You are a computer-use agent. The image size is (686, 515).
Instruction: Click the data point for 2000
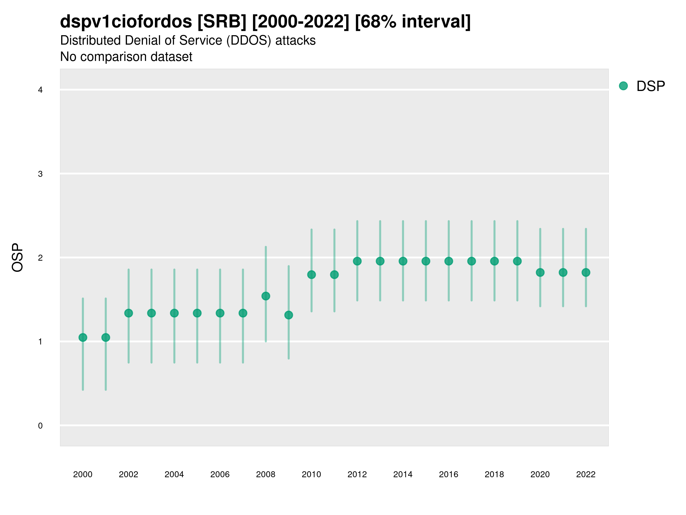pyautogui.click(x=83, y=337)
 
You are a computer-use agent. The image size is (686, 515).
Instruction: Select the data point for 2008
pyautogui.click(x=266, y=296)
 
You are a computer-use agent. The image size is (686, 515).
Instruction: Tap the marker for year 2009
pyautogui.click(x=289, y=315)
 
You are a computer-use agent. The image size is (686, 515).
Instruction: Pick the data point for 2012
pyautogui.click(x=357, y=262)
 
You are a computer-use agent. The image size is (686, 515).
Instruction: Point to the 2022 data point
pyautogui.click(x=586, y=273)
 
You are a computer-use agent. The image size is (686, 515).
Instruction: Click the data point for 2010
pyautogui.click(x=311, y=275)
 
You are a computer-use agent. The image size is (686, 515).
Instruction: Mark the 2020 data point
pyautogui.click(x=540, y=273)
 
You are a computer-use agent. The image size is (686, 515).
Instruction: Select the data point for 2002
pyautogui.click(x=128, y=313)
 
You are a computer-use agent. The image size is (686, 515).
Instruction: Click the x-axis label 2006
pyautogui.click(x=220, y=474)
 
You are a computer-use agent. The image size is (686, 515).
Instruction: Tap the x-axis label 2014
pyautogui.click(x=403, y=474)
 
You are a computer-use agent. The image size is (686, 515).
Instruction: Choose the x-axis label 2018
pyautogui.click(x=494, y=474)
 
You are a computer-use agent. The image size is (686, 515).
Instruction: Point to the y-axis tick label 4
pyautogui.click(x=40, y=90)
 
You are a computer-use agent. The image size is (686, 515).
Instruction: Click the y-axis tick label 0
pyautogui.click(x=40, y=426)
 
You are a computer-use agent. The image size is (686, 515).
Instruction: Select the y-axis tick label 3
pyautogui.click(x=40, y=174)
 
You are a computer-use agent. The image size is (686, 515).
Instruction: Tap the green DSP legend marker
pyautogui.click(x=623, y=86)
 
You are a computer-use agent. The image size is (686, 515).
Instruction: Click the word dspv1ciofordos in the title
pyautogui.click(x=126, y=22)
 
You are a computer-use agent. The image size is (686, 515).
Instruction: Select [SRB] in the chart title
pyautogui.click(x=222, y=22)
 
